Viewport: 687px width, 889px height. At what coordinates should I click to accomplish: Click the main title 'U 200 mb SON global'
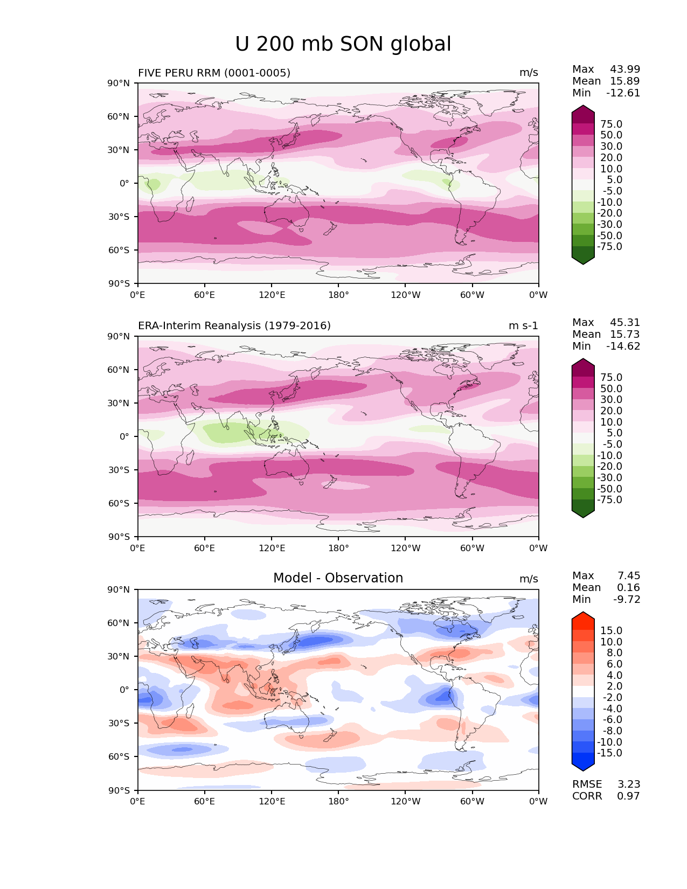[343, 44]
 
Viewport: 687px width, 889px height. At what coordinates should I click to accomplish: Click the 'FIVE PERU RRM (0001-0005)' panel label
[214, 73]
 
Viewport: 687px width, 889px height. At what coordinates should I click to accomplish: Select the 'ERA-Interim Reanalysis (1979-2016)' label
[234, 325]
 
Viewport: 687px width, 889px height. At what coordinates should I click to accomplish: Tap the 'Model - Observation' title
[338, 578]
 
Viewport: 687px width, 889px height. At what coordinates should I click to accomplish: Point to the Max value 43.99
[625, 69]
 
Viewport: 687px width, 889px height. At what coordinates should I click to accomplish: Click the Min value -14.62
[623, 346]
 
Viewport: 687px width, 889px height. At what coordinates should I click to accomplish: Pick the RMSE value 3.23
[628, 784]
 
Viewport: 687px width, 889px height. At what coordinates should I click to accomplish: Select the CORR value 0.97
[628, 796]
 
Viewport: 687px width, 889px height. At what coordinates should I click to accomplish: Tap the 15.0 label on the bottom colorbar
[611, 630]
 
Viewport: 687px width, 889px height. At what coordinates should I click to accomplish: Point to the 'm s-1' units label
[523, 325]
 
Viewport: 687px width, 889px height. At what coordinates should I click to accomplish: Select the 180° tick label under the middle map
[338, 548]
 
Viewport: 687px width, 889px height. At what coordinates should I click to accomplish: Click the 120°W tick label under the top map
[406, 295]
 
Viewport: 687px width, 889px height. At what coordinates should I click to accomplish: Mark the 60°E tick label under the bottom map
[204, 801]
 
